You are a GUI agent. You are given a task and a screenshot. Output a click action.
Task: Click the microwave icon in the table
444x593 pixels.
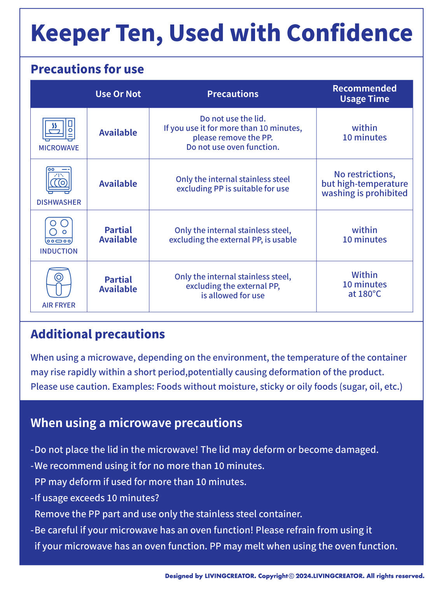coord(59,129)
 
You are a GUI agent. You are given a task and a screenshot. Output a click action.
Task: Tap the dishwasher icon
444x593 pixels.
coord(59,180)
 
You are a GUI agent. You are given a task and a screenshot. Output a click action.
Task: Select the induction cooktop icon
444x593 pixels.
coord(59,230)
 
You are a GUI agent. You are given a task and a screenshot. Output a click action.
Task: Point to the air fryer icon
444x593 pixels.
coord(59,283)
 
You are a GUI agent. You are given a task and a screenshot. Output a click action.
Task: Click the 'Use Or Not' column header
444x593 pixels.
coord(118,94)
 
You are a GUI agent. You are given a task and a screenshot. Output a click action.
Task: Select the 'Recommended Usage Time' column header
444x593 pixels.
coord(364,94)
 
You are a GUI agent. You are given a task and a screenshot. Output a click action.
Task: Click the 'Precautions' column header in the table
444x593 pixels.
coord(232,94)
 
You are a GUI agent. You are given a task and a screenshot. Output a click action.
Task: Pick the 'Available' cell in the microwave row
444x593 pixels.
coord(118,133)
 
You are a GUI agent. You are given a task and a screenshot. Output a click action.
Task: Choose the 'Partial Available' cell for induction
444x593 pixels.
coord(118,235)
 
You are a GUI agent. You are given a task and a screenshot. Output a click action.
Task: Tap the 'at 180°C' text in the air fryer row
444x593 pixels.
coord(364,294)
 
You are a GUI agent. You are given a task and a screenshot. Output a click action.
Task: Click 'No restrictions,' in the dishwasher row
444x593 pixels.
coord(364,174)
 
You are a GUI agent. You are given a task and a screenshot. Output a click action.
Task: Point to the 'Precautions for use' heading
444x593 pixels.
coord(87,69)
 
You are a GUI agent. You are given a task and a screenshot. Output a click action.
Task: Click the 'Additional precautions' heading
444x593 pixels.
coord(98,334)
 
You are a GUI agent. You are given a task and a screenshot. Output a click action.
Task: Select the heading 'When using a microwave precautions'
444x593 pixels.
coord(136,423)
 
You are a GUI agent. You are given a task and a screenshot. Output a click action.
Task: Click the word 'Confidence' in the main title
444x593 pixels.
coord(349,33)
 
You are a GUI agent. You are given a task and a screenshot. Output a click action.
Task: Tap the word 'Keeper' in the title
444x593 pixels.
coord(70,34)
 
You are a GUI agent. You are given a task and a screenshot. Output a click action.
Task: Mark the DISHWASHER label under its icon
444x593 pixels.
coord(59,202)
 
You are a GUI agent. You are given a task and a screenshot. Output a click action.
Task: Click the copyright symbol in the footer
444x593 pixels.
coord(291,576)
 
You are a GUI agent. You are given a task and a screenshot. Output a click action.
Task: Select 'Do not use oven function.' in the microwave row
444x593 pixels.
coord(232,147)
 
